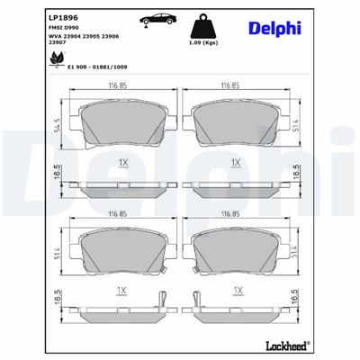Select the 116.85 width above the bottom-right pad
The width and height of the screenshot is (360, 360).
coord(236,217)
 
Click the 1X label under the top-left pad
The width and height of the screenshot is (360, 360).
coord(122,163)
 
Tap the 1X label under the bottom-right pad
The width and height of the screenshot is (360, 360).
coord(238,291)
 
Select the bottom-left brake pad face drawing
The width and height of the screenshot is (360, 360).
coord(122,250)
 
